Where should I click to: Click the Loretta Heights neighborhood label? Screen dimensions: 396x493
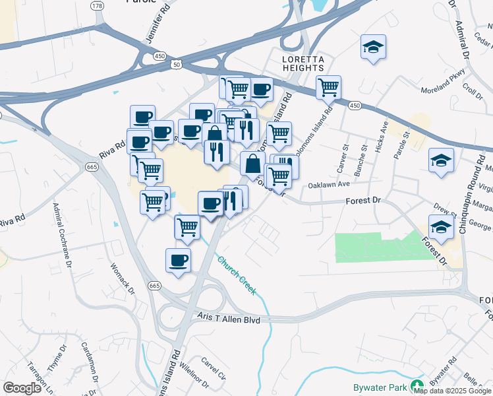click(303, 63)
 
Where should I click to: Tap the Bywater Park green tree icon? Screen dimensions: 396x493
click(416, 385)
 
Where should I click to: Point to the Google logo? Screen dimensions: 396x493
click(22, 388)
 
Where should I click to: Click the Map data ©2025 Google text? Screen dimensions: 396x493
click(453, 391)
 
